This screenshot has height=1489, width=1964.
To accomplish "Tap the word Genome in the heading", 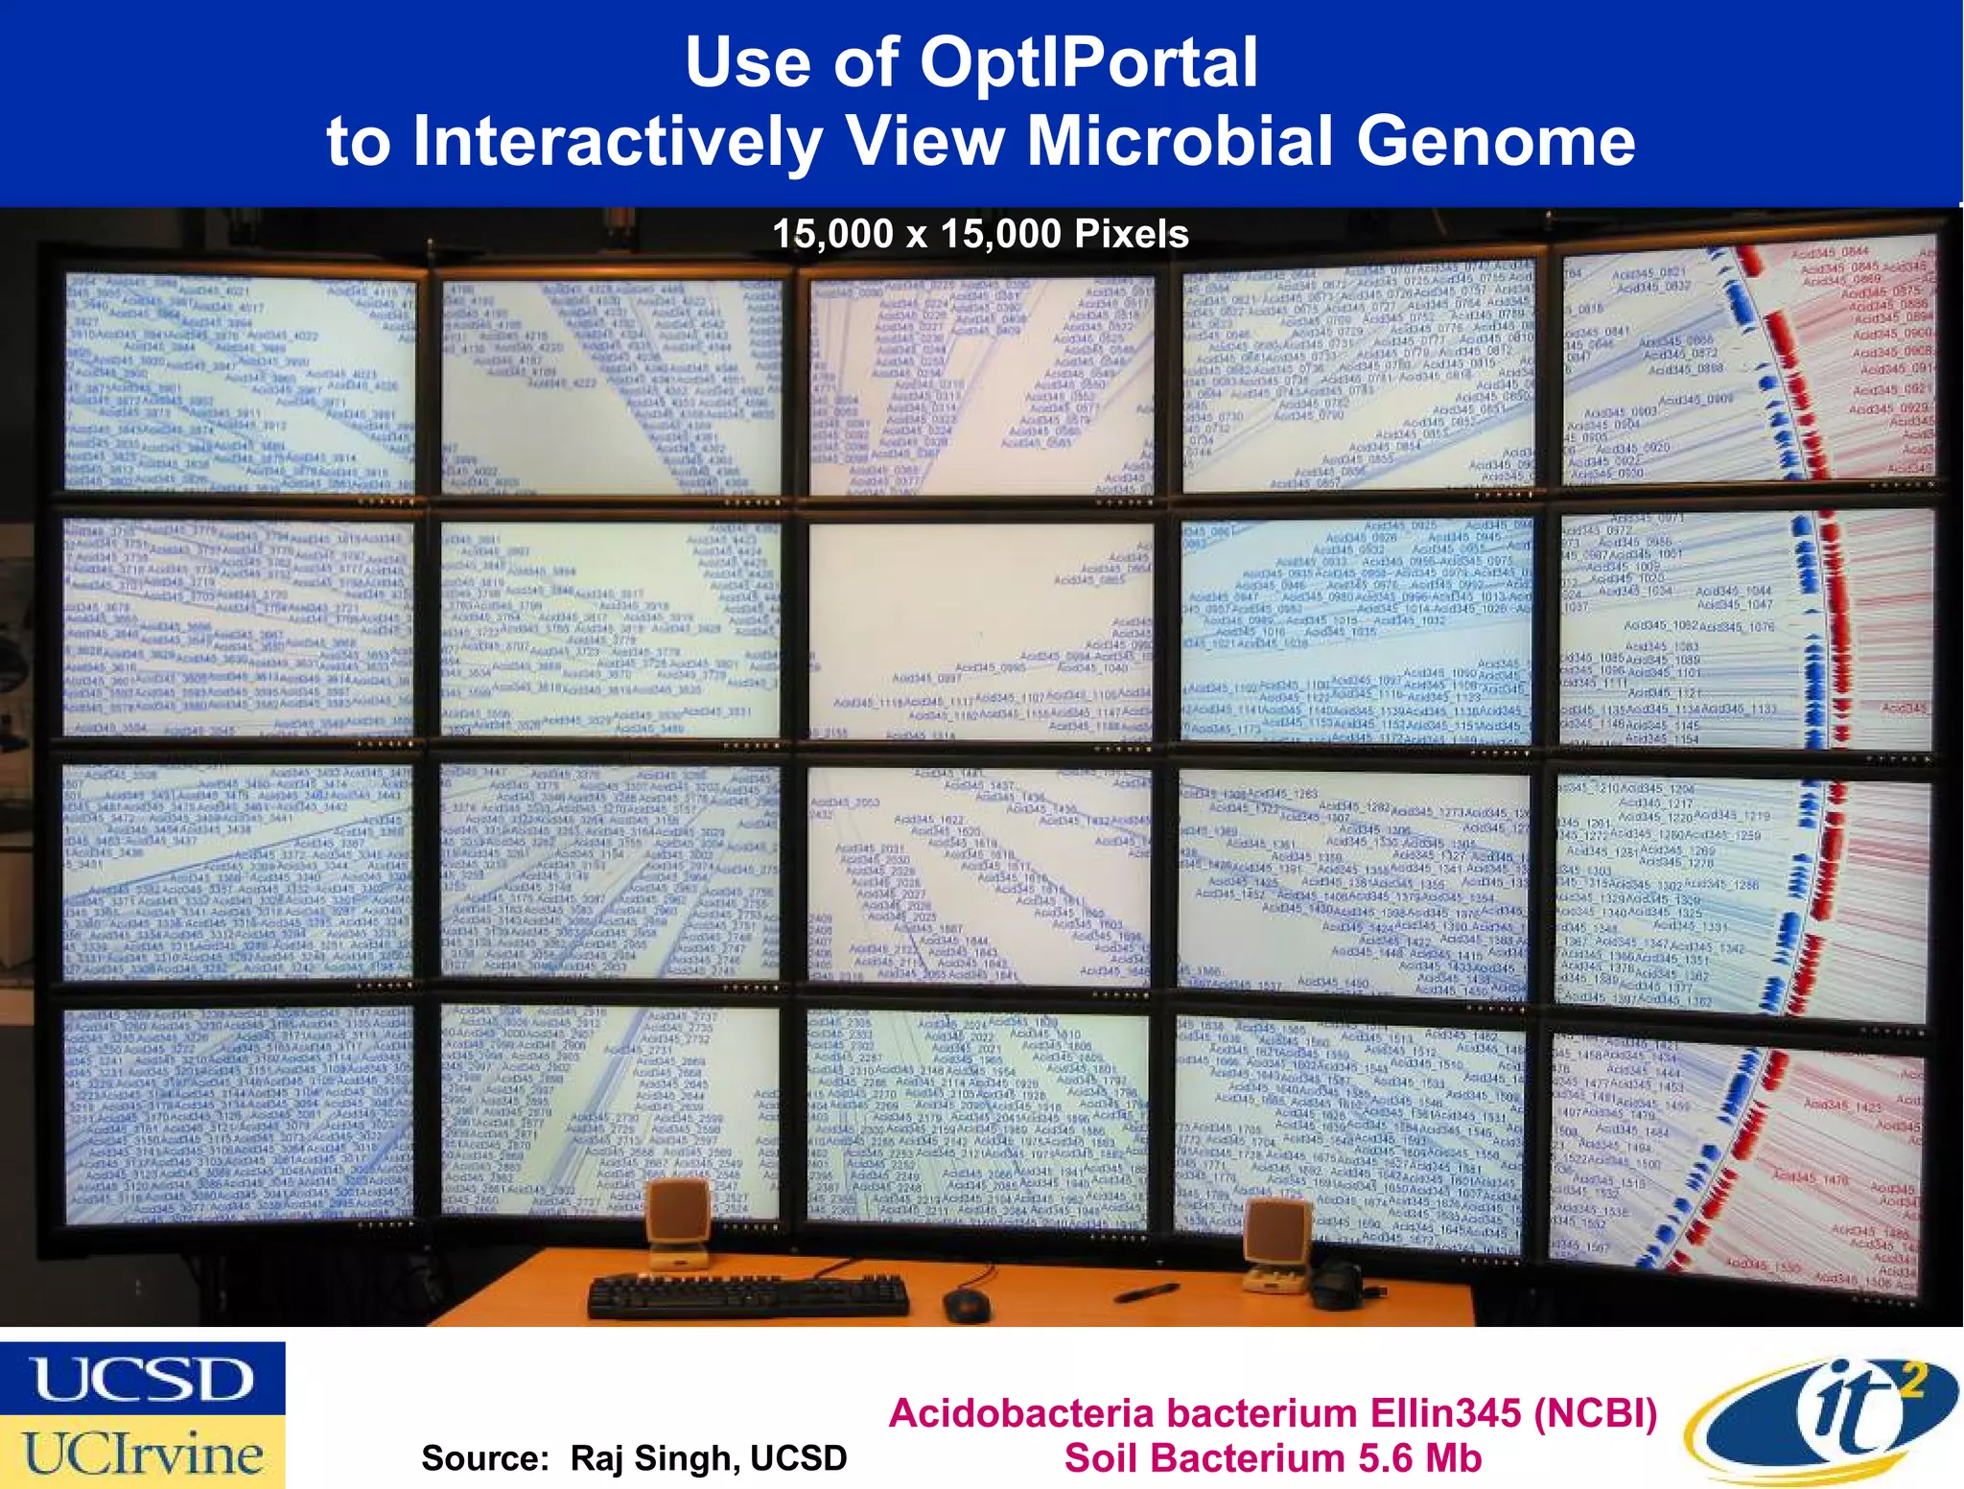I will coord(1495,142).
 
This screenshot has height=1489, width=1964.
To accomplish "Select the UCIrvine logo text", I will coord(142,1454).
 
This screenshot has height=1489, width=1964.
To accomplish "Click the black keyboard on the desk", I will coord(748,1296).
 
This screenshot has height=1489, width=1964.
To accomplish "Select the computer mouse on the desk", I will coord(966,1304).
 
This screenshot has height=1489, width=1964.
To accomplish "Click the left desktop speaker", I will coord(678,1222).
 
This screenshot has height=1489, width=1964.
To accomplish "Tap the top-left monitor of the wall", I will coord(240,384).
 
